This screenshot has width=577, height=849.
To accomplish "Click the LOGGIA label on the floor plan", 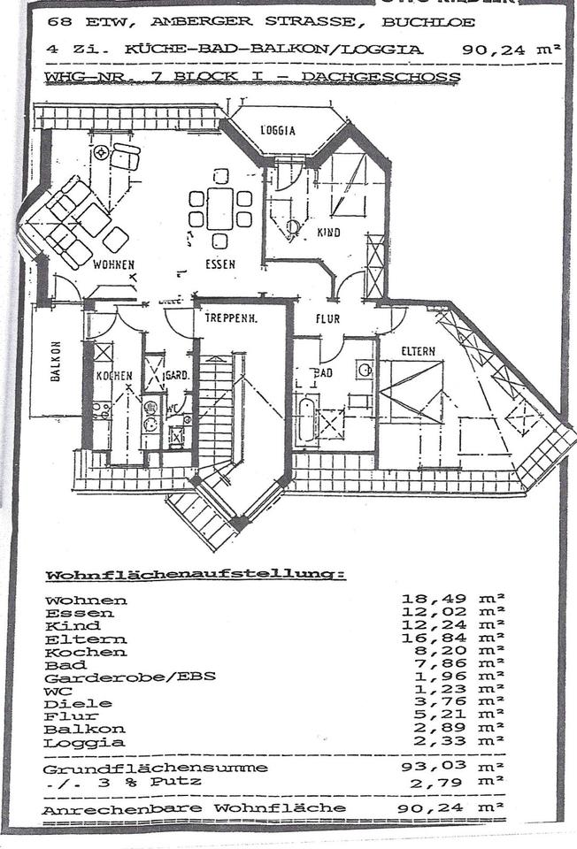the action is pyautogui.click(x=278, y=131).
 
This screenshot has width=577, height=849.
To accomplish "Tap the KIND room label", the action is pyautogui.click(x=327, y=232).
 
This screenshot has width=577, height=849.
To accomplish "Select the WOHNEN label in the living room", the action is pyautogui.click(x=113, y=264).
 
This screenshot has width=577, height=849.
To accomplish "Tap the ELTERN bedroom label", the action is pyautogui.click(x=418, y=351).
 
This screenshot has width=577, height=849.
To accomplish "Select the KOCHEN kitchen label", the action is pyautogui.click(x=114, y=376).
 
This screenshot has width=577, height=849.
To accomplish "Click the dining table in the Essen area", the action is pyautogui.click(x=220, y=210).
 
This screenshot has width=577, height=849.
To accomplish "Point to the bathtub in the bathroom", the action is pyautogui.click(x=306, y=419).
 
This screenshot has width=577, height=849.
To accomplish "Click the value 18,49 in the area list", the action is pyautogui.click(x=429, y=600).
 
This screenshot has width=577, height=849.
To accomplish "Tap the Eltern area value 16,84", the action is pyautogui.click(x=429, y=639).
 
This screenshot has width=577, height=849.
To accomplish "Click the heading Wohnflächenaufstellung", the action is pyautogui.click(x=195, y=576).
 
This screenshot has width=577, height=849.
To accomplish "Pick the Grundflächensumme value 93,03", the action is pyautogui.click(x=429, y=768).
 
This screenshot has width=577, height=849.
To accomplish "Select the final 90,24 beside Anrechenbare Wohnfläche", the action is pyautogui.click(x=429, y=808).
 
